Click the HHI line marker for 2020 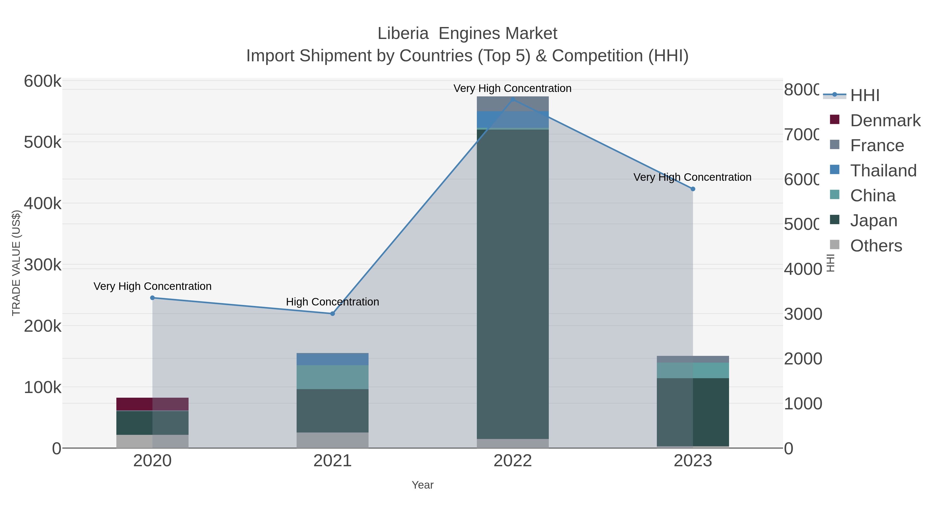tap(152, 298)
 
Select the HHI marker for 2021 tap(332, 314)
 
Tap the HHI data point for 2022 tap(512, 99)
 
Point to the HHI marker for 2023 tap(692, 189)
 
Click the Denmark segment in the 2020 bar tap(152, 404)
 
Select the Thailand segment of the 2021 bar tap(332, 359)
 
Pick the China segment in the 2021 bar tap(332, 377)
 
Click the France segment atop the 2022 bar tap(512, 104)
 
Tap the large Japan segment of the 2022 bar tap(512, 283)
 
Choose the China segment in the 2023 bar tap(692, 370)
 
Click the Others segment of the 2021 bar tap(332, 440)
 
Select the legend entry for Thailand tap(883, 171)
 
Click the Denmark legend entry tap(885, 121)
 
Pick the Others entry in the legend tap(876, 246)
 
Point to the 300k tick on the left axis tap(43, 265)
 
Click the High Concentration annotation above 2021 tap(332, 302)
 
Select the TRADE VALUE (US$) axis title tap(16, 263)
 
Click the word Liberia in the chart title tap(403, 34)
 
